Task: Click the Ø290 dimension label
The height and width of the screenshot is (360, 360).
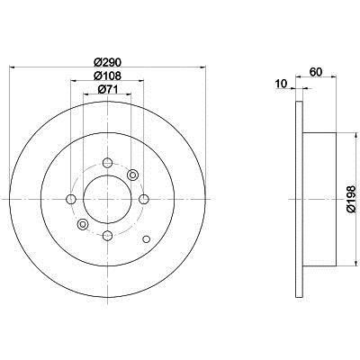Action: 107,62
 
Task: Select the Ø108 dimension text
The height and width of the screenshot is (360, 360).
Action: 107,76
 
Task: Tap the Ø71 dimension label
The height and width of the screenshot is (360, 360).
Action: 107,89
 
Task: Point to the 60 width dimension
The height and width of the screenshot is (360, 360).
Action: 316,72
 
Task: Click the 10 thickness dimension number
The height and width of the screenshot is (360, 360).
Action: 281,84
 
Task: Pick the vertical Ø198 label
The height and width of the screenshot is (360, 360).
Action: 351,199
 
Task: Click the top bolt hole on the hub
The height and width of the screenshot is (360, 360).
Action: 107,163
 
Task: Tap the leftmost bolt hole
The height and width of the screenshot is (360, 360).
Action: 71,199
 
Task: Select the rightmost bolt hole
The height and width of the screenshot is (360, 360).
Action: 144,199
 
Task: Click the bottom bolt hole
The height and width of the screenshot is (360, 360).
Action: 107,236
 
